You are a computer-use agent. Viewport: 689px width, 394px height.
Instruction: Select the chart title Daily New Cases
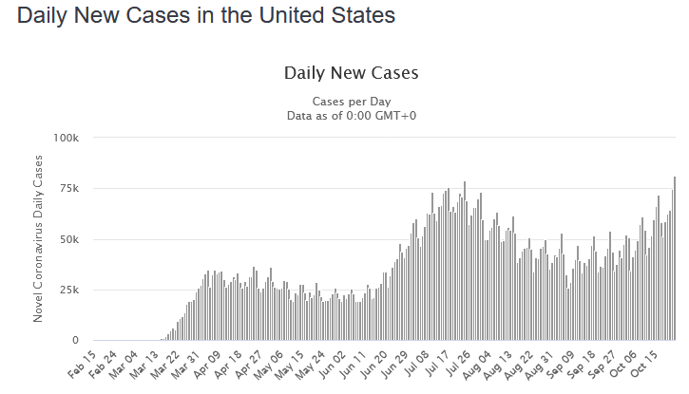(351, 73)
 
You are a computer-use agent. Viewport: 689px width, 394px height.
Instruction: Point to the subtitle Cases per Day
(351, 102)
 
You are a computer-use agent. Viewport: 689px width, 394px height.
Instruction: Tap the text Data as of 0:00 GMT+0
(351, 115)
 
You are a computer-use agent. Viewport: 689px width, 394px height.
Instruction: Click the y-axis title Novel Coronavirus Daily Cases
(39, 240)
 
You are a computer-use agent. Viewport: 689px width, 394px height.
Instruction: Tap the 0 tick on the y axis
(76, 340)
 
